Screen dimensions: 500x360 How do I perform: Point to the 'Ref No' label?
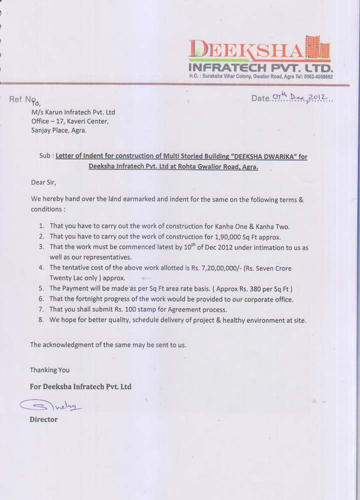tap(23, 100)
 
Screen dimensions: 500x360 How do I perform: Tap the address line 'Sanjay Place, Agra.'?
tap(59, 131)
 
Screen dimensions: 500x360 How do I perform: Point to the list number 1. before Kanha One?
tap(41, 226)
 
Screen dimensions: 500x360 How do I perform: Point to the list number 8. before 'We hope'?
tap(41, 320)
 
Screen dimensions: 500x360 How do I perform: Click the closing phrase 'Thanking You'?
tap(50, 370)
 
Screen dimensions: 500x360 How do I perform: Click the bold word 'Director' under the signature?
tap(44, 419)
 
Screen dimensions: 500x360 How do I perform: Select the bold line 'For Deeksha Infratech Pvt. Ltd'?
tap(81, 387)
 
